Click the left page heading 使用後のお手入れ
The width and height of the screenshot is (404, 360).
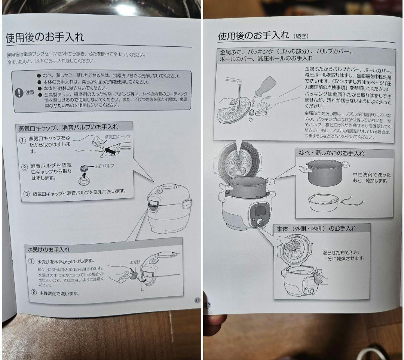click(x=45, y=38)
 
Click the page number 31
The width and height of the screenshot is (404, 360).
click(x=197, y=300)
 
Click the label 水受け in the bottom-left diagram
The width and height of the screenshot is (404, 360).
click(x=135, y=262)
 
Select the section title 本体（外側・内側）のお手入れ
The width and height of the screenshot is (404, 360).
click(x=316, y=228)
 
